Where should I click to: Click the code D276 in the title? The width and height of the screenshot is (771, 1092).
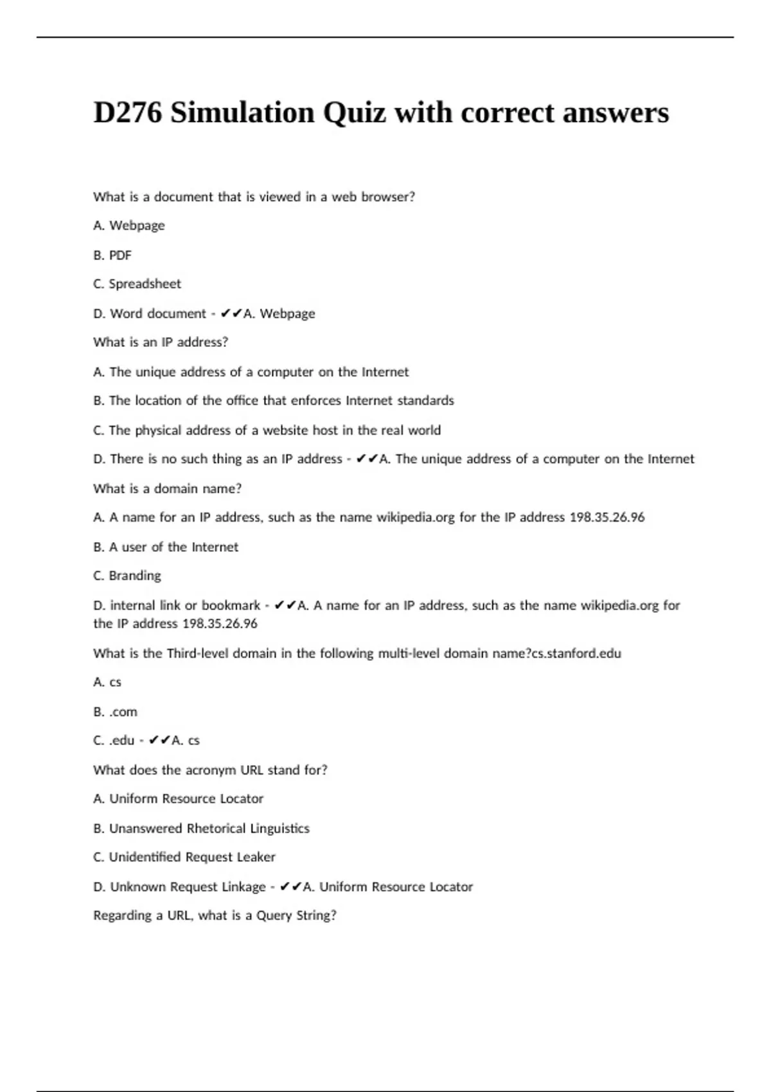pos(127,113)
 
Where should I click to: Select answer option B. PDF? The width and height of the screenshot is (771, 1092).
pos(112,255)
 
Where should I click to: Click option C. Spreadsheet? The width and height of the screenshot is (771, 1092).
pos(137,284)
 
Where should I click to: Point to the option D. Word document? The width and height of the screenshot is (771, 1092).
pos(150,313)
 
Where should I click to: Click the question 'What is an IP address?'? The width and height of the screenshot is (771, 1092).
pos(161,342)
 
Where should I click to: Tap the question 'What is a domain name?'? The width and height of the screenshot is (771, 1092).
pos(167,489)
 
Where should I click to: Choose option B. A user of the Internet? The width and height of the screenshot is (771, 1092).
pos(166,547)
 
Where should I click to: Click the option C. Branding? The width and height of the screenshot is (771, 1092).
pos(127,576)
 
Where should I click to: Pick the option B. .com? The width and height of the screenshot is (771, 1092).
pos(115,712)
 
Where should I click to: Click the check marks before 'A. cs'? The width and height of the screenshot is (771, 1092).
pos(159,741)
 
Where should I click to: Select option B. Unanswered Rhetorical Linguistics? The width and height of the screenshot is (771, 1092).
pos(201,829)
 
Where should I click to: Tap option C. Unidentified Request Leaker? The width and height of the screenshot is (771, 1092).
pos(184,857)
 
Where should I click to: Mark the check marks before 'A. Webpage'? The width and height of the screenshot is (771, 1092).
pos(231,313)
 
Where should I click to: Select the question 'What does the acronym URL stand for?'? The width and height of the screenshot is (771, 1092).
pos(210,770)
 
